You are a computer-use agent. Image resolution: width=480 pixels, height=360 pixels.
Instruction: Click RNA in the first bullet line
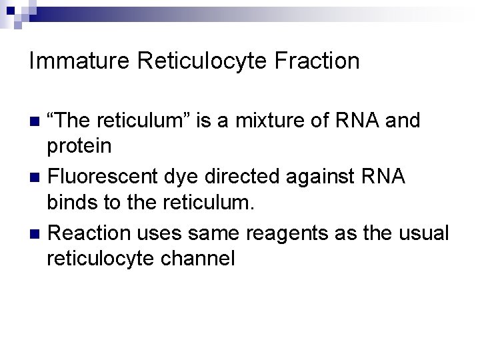[357, 121]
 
